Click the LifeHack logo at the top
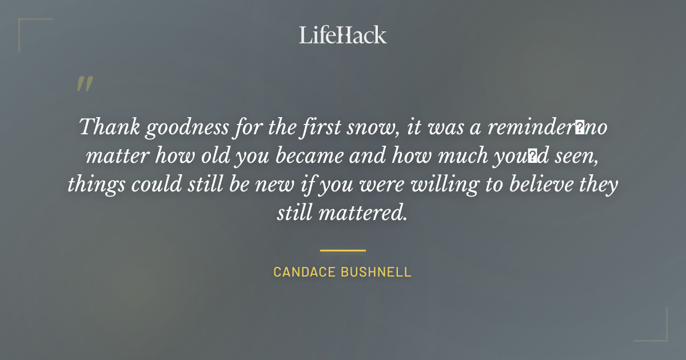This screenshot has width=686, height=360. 342,35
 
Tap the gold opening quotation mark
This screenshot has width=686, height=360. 85,84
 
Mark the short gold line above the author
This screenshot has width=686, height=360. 342,250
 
